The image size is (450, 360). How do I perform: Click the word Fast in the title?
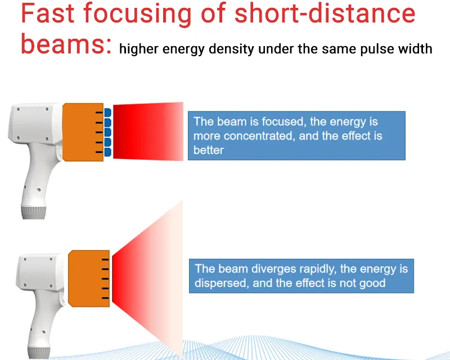coord(48,13)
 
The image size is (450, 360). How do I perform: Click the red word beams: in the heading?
coord(66,44)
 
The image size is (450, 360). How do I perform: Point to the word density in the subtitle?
coord(231,49)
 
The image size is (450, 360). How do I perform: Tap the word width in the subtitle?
coord(415,48)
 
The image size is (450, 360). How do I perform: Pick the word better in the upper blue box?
coord(208,150)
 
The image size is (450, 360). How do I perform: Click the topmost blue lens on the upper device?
coord(107,112)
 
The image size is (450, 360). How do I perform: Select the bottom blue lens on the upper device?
coord(107,152)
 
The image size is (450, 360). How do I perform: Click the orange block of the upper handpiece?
coord(83,132)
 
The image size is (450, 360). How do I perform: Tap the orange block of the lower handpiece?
coord(89,278)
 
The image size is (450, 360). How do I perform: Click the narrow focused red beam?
coord(148,131)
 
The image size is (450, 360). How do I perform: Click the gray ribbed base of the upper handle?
coord(34,212)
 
